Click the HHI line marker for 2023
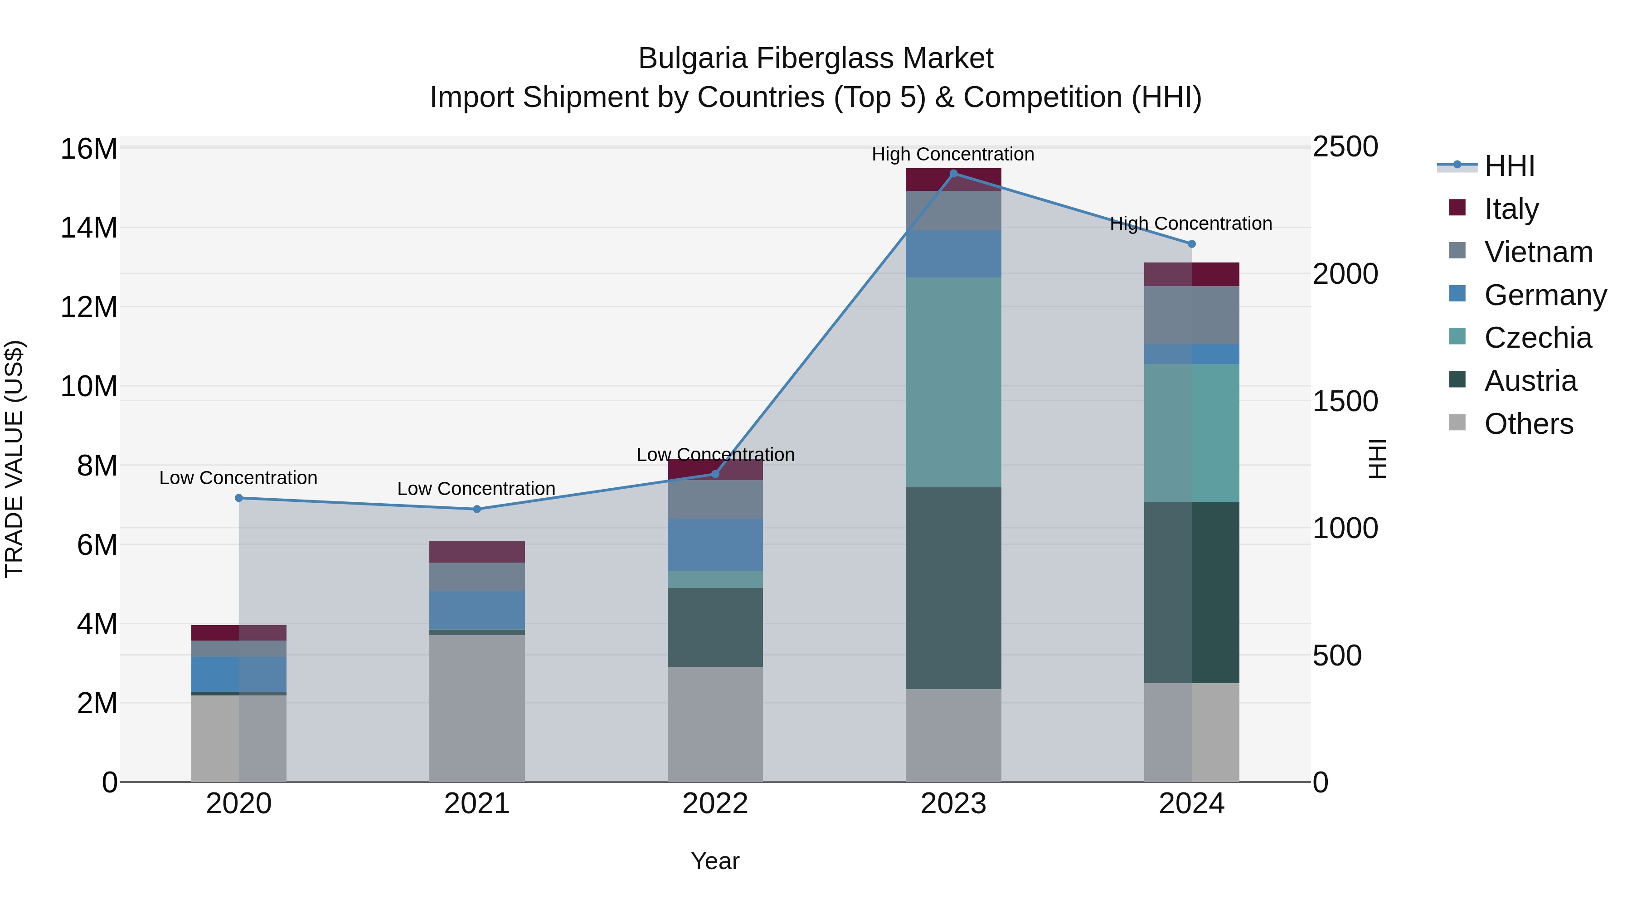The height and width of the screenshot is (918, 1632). pyautogui.click(x=953, y=174)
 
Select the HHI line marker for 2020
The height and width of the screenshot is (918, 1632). pyautogui.click(x=239, y=498)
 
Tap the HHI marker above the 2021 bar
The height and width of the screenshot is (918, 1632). pyautogui.click(x=477, y=510)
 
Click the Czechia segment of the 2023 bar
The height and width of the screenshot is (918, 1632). pyautogui.click(x=953, y=382)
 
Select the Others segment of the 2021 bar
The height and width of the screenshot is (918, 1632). pyautogui.click(x=477, y=708)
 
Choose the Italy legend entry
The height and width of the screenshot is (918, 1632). pyautogui.click(x=1511, y=209)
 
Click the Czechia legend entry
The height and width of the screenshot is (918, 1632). pyautogui.click(x=1537, y=338)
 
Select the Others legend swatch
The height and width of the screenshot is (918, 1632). pyautogui.click(x=1457, y=423)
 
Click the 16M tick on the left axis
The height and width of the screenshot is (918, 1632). pyautogui.click(x=89, y=150)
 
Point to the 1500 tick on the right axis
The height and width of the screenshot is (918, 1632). pyautogui.click(x=1345, y=401)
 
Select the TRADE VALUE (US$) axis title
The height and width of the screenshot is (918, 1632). pyautogui.click(x=14, y=459)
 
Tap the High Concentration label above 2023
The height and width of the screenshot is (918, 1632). pyautogui.click(x=953, y=154)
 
